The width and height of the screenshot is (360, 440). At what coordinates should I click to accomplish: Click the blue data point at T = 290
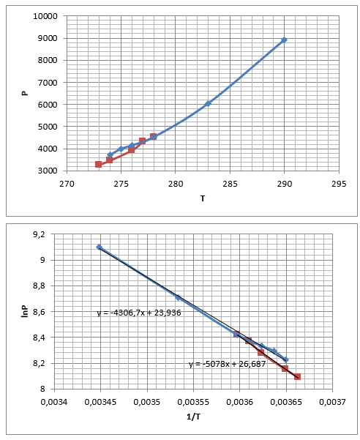point(285,40)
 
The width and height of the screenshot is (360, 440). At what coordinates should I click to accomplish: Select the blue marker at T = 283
point(208,103)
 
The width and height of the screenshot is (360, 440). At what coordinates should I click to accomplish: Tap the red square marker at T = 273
point(98,164)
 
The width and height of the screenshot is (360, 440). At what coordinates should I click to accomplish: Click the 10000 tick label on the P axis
point(45,16)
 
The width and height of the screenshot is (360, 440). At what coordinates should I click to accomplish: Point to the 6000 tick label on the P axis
point(48,105)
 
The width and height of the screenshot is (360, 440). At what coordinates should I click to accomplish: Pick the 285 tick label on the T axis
point(230,184)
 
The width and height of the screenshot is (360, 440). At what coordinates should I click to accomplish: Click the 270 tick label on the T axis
point(67,184)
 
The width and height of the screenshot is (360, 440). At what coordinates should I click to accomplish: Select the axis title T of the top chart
point(203,198)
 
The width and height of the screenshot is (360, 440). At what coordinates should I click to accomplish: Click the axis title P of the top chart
point(25,93)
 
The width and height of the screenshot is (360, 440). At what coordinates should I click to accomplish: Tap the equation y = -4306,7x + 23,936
point(139,313)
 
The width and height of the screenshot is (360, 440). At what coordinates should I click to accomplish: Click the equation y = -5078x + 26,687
point(227,365)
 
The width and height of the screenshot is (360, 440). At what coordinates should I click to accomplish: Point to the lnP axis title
point(25,311)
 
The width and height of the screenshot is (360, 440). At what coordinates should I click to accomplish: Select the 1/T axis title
point(193,417)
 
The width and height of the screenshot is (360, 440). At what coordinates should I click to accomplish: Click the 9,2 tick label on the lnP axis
point(39,234)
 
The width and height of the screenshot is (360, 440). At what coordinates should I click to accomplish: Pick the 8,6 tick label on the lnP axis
point(39,312)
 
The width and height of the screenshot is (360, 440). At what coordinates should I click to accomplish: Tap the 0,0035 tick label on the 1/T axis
point(147,402)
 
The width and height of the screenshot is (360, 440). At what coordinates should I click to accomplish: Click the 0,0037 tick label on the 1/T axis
point(332,402)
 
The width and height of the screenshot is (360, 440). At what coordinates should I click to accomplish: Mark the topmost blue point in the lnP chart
point(99,247)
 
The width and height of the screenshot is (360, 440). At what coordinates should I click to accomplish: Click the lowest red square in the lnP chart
point(298,376)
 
